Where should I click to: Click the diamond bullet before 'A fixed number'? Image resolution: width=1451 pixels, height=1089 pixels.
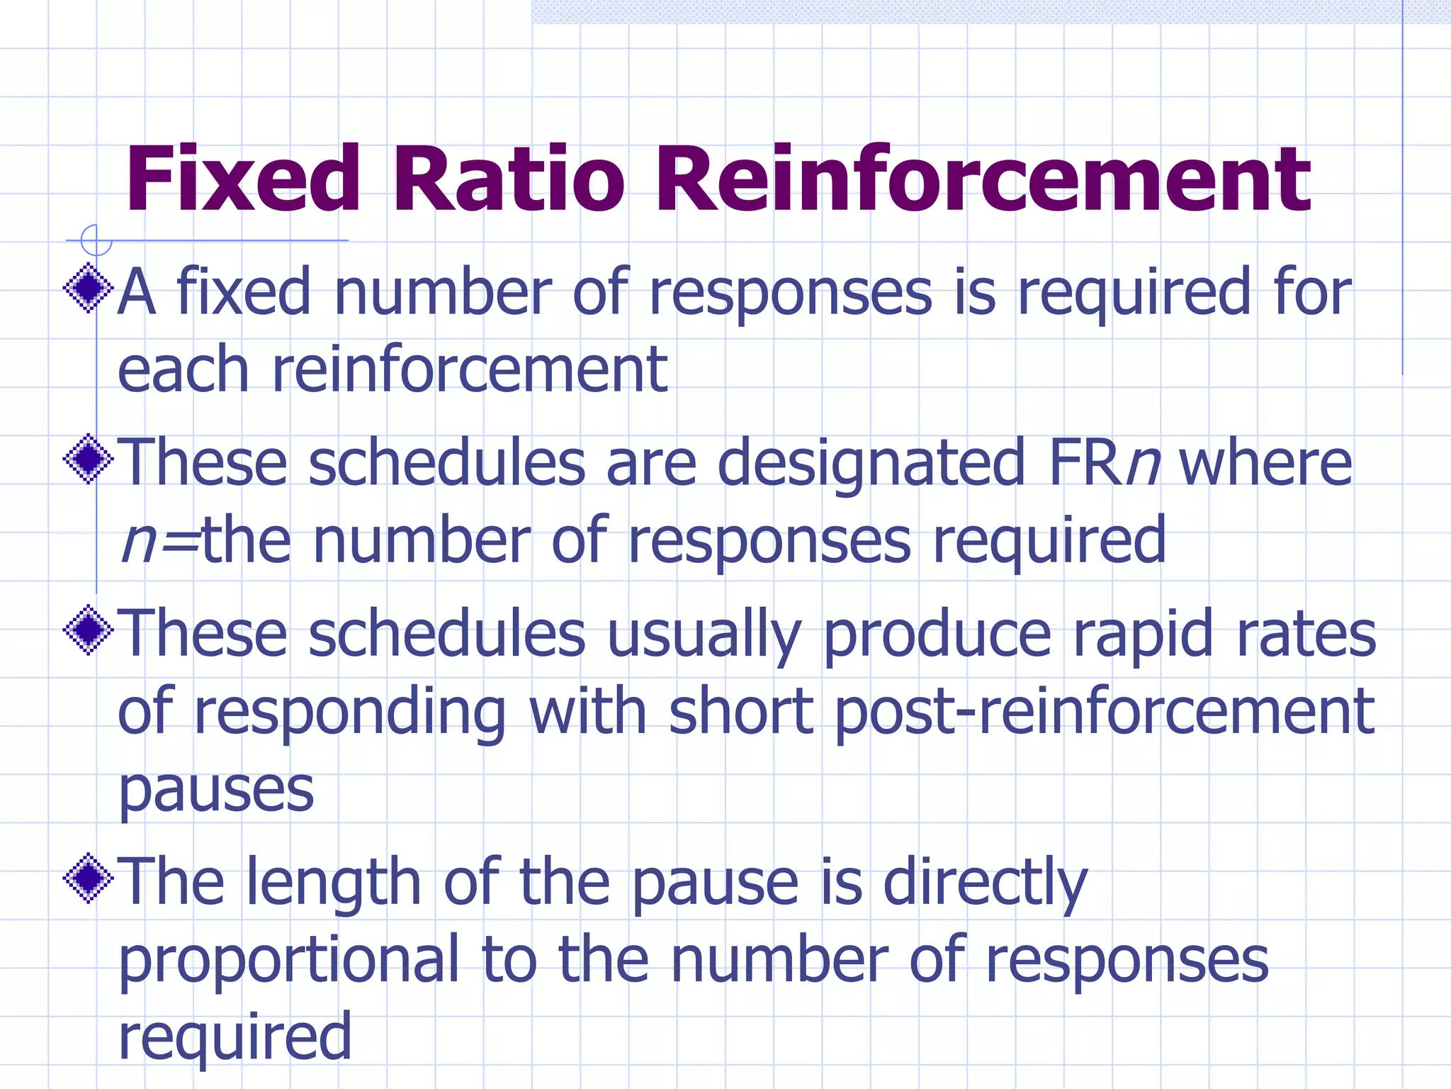click(89, 288)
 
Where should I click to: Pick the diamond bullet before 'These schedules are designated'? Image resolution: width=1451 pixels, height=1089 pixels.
click(89, 459)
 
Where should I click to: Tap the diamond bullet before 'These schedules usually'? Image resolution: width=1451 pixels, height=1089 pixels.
click(89, 630)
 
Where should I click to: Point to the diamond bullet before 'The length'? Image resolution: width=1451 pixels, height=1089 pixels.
click(89, 878)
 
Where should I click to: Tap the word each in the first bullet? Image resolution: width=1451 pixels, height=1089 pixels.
click(183, 369)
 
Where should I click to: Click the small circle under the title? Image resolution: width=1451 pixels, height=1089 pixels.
click(96, 240)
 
